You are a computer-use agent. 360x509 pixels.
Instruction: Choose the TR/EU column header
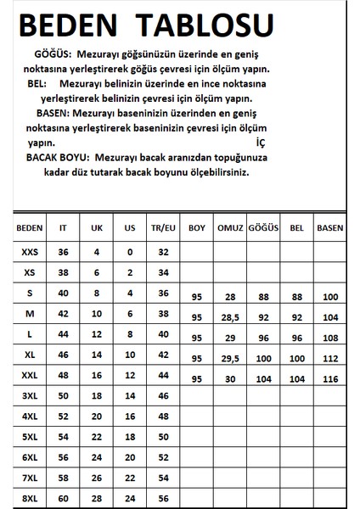pos(166,228)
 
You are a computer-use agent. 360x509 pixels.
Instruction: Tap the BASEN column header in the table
pos(329,228)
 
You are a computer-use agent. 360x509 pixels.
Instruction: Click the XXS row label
pos(30,252)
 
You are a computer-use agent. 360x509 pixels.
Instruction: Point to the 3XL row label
pos(30,395)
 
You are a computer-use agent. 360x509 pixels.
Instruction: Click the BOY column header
pos(197,228)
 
